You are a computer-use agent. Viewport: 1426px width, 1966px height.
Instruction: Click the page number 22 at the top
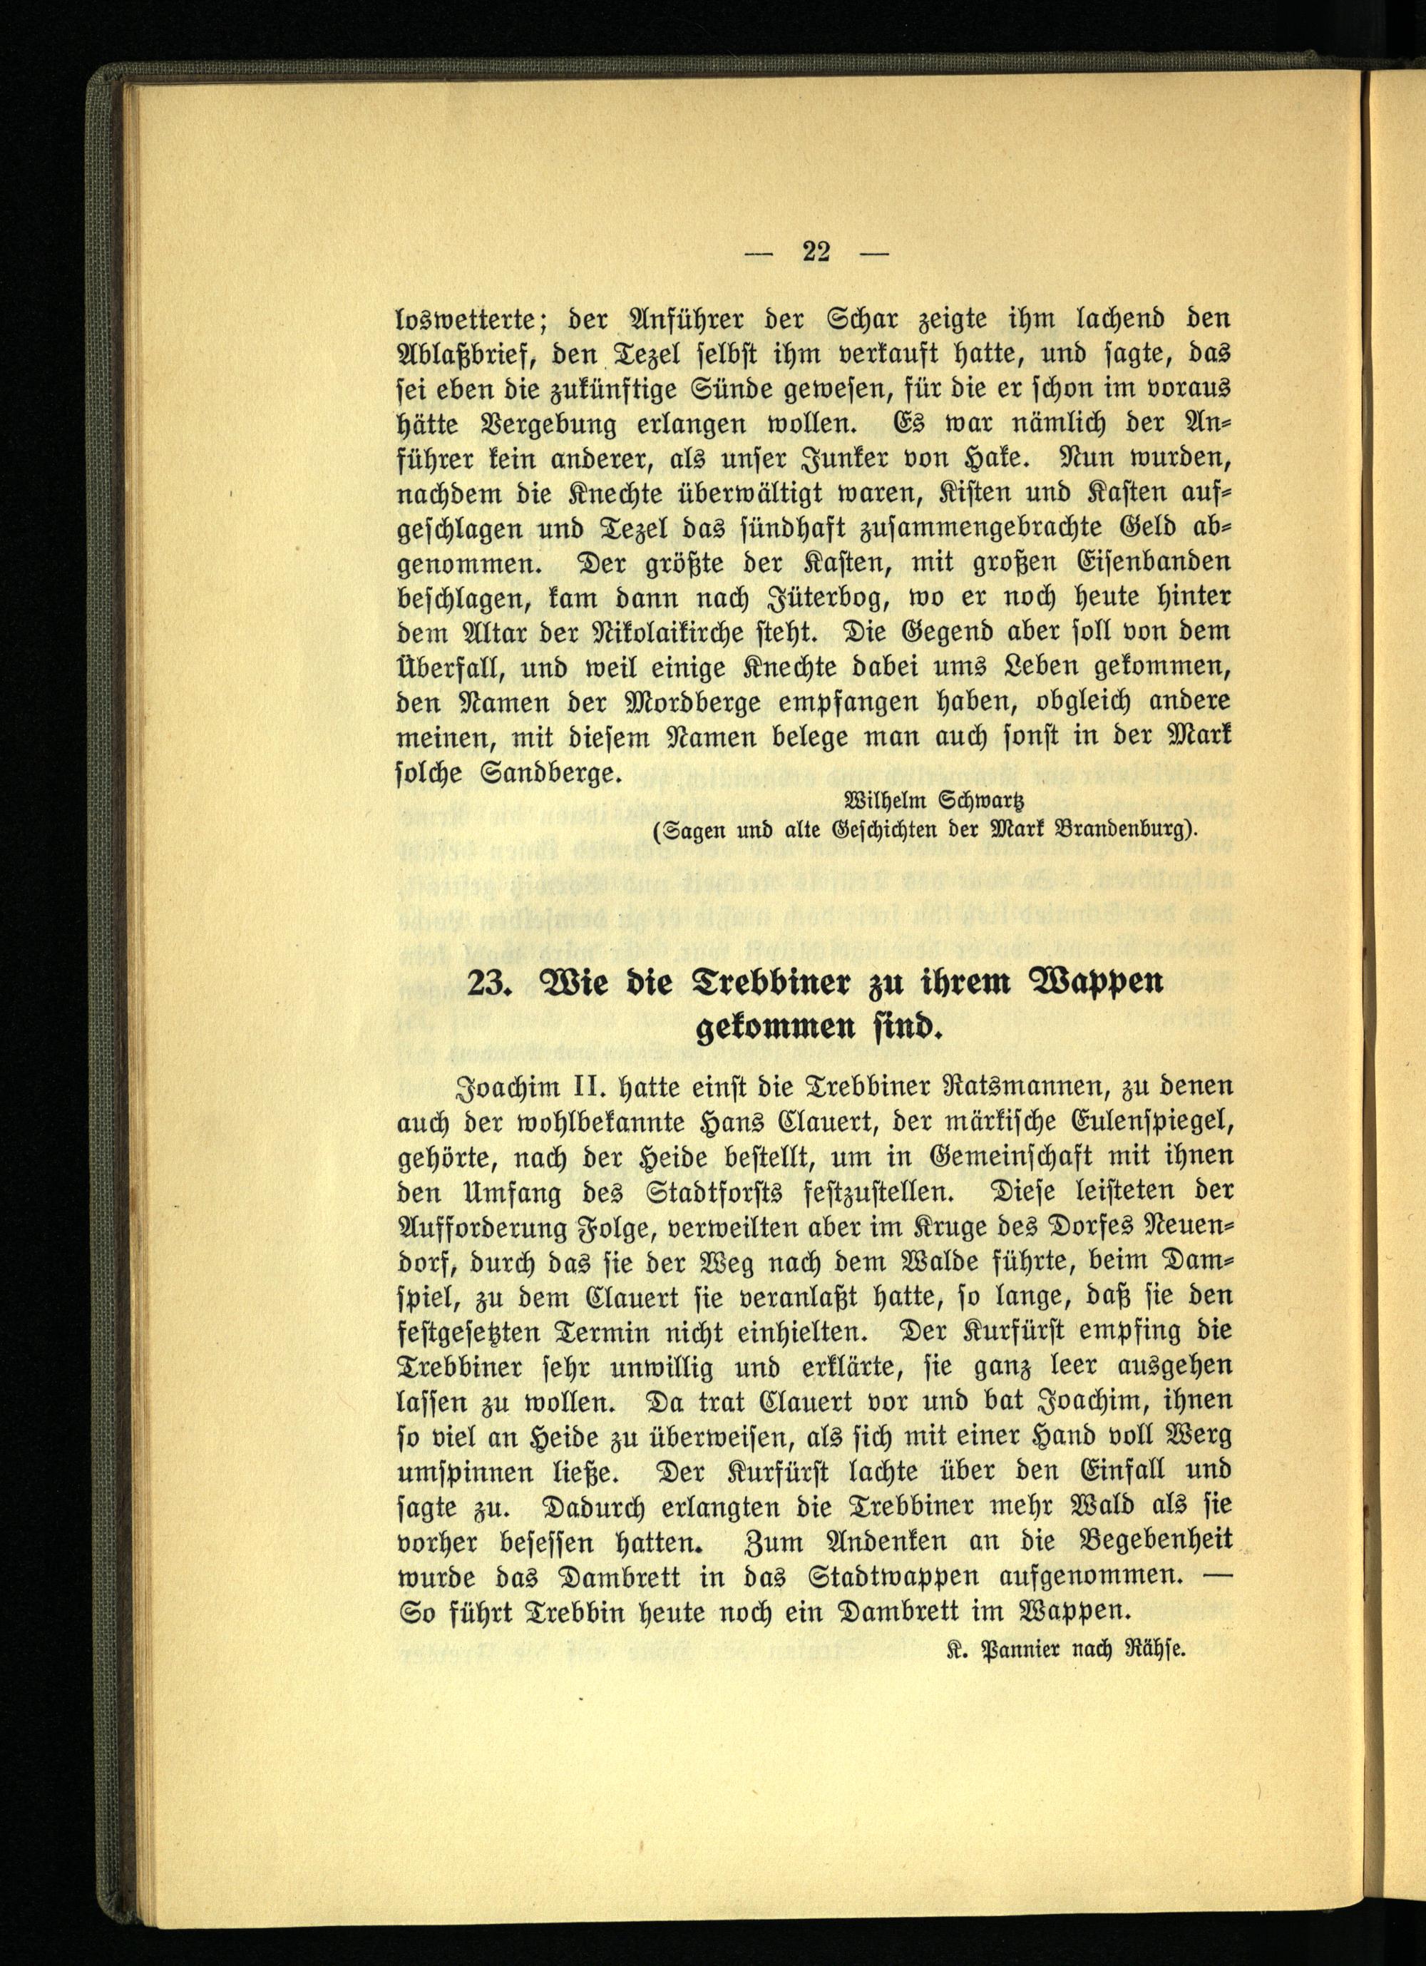click(815, 252)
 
